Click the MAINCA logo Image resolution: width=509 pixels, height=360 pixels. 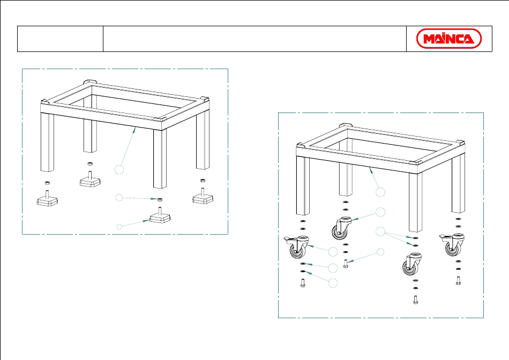(x=448, y=39)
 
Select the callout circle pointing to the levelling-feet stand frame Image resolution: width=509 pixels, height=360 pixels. (x=119, y=169)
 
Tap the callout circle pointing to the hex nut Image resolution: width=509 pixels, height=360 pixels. (x=119, y=197)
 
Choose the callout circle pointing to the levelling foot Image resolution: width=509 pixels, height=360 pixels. (x=119, y=227)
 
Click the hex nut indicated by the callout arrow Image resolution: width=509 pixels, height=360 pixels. (x=159, y=199)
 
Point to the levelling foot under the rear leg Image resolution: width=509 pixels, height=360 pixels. (x=90, y=179)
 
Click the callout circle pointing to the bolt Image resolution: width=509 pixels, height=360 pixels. (x=380, y=252)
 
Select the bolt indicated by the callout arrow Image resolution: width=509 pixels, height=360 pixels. (x=346, y=263)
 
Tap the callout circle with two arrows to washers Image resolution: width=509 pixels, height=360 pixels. (x=380, y=231)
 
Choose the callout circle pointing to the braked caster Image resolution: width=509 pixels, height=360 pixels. (x=333, y=252)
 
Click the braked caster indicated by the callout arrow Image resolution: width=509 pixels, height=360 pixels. (x=297, y=247)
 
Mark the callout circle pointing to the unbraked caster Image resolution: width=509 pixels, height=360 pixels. (x=380, y=212)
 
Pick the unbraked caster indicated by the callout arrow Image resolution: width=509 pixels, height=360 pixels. (x=341, y=228)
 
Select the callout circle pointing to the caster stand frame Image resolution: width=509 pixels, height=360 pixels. (x=380, y=192)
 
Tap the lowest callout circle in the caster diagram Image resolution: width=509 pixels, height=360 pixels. (x=333, y=283)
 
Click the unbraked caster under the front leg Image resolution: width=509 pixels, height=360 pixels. (x=412, y=264)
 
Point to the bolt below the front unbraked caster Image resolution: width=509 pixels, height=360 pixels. (x=416, y=299)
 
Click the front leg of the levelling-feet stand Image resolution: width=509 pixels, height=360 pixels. (x=160, y=159)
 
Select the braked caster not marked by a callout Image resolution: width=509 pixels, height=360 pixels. (x=452, y=245)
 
